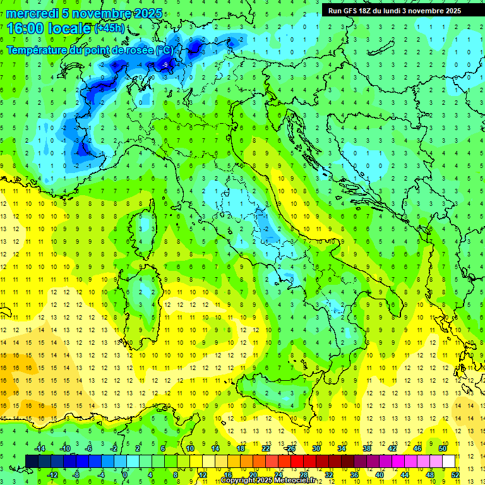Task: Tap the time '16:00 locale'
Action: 49,28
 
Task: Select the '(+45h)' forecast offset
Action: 109,28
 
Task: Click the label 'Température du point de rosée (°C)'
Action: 90,49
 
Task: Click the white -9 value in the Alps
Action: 165,65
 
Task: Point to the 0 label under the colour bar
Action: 124,474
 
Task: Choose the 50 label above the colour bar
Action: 443,448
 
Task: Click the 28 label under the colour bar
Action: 303,474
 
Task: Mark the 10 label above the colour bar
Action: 190,448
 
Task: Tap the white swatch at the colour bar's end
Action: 448,461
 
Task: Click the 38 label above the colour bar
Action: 367,448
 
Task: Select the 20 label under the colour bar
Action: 253,474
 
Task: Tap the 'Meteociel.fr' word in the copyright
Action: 299,481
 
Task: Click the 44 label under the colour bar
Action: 404,474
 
